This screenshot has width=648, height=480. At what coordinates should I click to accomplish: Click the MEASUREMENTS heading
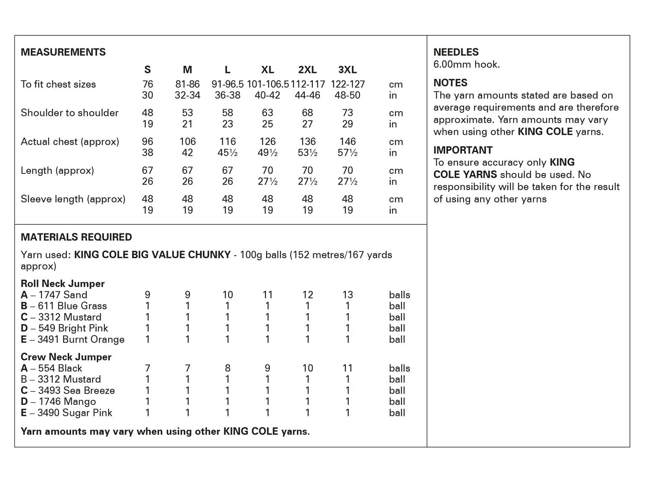[x=63, y=52]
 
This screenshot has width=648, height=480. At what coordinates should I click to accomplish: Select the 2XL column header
[x=307, y=70]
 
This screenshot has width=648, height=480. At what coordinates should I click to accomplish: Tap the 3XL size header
[x=347, y=70]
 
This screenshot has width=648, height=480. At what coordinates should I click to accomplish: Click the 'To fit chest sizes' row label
[x=58, y=84]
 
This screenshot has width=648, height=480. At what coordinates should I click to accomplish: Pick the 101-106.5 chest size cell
[x=267, y=84]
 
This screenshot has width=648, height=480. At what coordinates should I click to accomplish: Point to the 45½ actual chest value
[x=228, y=153]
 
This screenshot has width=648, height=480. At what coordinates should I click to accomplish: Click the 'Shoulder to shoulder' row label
[x=70, y=113]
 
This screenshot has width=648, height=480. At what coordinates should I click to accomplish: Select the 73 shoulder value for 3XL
[x=347, y=113]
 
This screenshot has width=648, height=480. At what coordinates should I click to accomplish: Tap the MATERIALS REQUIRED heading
[x=76, y=237]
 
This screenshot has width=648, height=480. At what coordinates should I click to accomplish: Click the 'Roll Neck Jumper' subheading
[x=63, y=284]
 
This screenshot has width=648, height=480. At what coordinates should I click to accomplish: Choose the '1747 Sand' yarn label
[x=63, y=295]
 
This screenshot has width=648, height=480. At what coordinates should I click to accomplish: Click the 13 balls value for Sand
[x=347, y=295]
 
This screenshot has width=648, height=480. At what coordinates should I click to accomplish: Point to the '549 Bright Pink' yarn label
[x=73, y=328]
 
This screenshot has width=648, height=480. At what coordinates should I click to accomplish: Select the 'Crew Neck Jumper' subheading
[x=66, y=357]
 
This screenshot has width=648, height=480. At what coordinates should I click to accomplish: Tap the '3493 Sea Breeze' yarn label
[x=76, y=390]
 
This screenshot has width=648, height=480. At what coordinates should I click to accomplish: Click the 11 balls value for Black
[x=347, y=368]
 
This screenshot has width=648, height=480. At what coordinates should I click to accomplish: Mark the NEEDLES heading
[x=456, y=52]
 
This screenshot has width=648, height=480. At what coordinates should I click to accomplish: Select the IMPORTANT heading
[x=463, y=150]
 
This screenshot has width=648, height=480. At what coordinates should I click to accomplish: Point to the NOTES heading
[x=450, y=83]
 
